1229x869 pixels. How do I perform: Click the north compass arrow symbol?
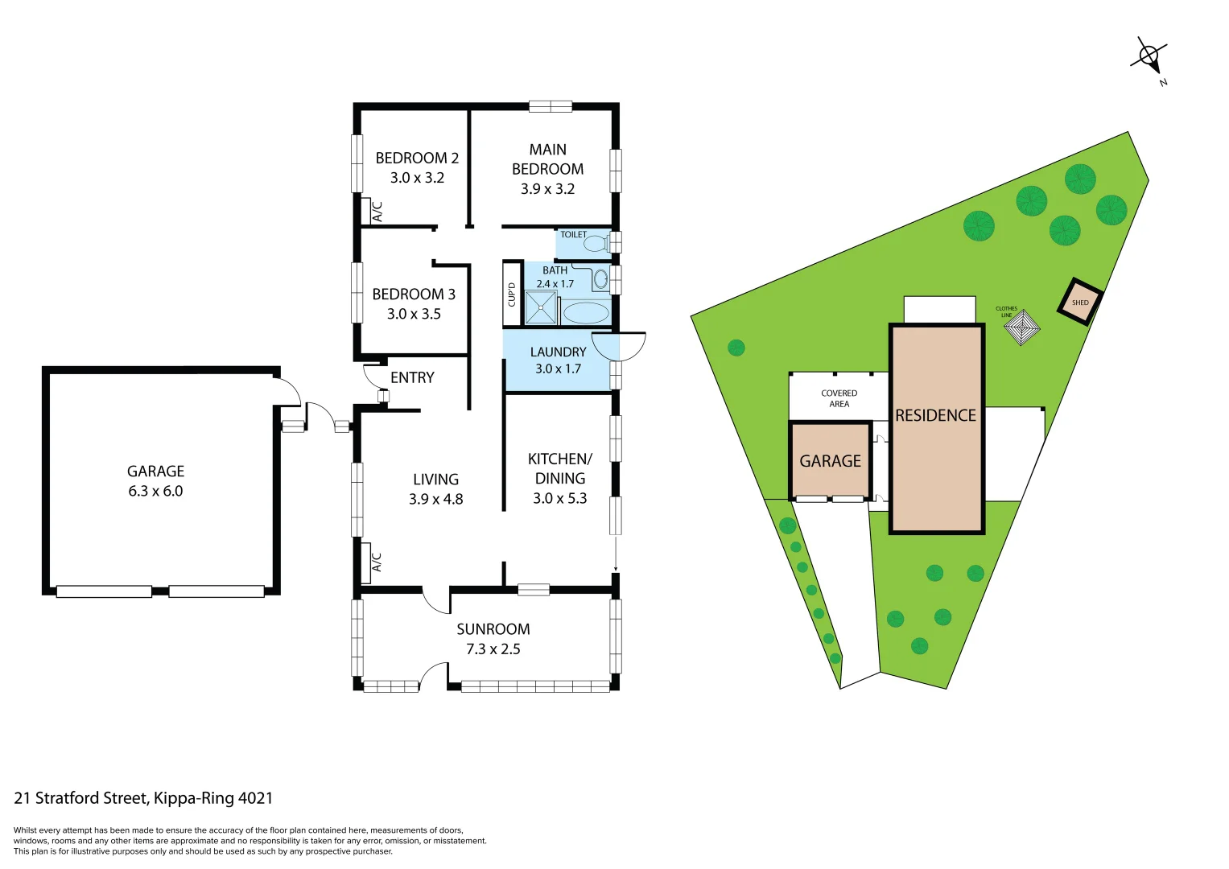tap(1149, 57)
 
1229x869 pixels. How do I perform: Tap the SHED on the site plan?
tap(1079, 303)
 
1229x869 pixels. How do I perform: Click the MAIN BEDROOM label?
tap(547, 159)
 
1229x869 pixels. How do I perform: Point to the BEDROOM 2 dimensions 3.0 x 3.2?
tap(417, 178)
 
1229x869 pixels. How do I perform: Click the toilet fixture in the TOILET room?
tap(596, 244)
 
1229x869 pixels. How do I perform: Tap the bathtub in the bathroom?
tap(585, 312)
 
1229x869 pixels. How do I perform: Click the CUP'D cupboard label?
tap(512, 294)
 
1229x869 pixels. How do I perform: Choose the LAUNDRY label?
tap(558, 352)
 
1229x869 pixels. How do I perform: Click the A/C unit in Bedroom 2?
tap(372, 211)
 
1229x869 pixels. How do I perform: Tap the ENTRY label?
tap(412, 377)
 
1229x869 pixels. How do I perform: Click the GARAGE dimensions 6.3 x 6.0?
tap(155, 491)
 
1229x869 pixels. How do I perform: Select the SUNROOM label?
tap(493, 629)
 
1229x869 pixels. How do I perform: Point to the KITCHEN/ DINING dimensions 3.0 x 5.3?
tap(559, 498)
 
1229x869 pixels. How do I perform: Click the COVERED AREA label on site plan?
tap(839, 398)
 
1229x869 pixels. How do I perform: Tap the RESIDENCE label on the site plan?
tap(935, 415)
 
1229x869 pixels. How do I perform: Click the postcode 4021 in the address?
tap(255, 798)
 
